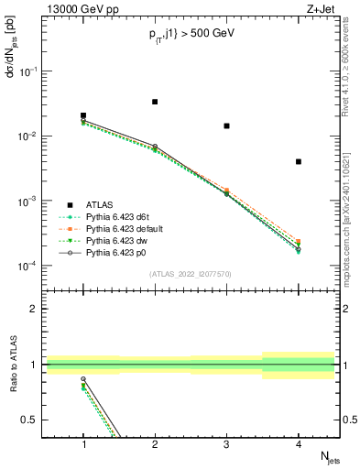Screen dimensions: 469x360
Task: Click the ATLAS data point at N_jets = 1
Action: pyautogui.click(x=83, y=115)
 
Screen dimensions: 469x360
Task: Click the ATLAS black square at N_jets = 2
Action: pyautogui.click(x=155, y=102)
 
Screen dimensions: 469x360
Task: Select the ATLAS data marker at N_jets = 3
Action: pyautogui.click(x=226, y=125)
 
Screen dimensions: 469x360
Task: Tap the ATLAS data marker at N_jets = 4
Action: pyautogui.click(x=299, y=161)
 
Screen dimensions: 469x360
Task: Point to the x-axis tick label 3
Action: pyautogui.click(x=226, y=444)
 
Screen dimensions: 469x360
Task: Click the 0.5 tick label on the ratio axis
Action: pyautogui.click(x=33, y=420)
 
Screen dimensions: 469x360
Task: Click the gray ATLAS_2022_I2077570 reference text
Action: pyautogui.click(x=191, y=272)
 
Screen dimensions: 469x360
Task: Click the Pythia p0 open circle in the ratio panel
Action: pyautogui.click(x=83, y=378)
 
